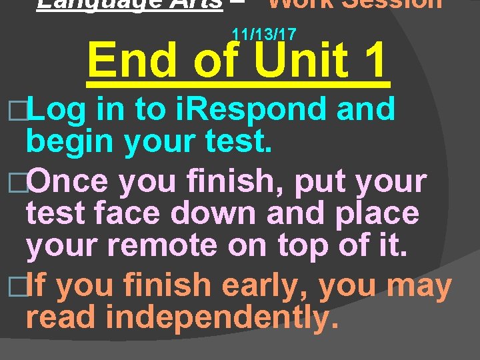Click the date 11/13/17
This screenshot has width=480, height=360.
[x=264, y=33]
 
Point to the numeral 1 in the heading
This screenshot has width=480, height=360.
[x=372, y=61]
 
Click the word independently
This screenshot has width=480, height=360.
[x=218, y=317]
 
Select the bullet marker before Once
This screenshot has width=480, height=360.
[x=19, y=181]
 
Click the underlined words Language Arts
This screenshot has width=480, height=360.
[x=130, y=4]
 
